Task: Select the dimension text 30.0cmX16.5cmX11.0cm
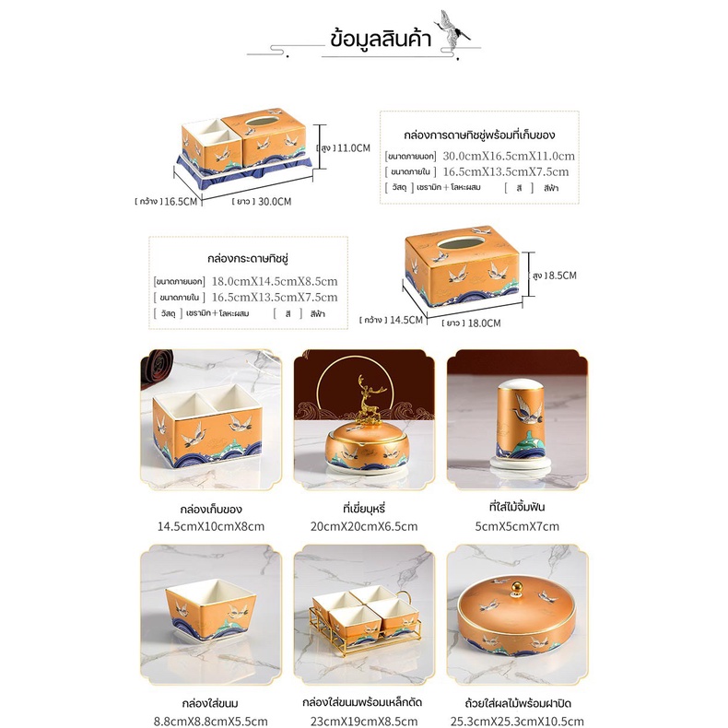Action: coord(509,156)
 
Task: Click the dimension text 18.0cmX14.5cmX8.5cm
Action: coord(275,281)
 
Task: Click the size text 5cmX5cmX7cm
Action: coord(516,526)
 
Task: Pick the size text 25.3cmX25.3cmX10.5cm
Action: coord(516,722)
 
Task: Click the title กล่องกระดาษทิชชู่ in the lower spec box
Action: coord(249,259)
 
